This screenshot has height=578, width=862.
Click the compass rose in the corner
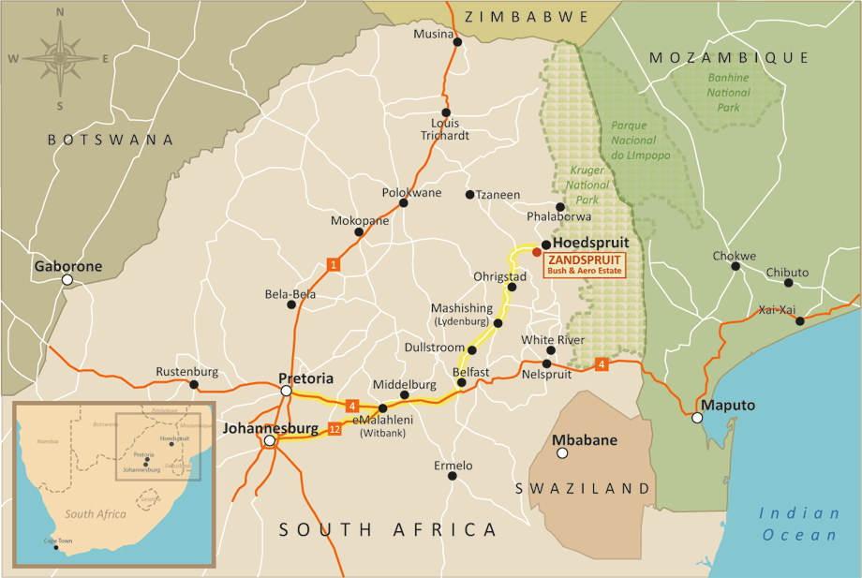coord(61,58)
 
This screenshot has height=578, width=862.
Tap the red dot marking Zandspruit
coord(536,252)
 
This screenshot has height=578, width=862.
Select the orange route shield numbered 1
coord(333,264)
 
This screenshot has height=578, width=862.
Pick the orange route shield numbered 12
coord(335,429)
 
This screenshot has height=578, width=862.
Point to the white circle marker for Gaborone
coord(67,280)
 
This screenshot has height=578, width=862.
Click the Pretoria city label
coord(306,379)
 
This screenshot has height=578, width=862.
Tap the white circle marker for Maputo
coord(697,418)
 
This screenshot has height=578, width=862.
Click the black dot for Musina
coord(457,41)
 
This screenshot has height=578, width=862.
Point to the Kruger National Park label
coord(588,185)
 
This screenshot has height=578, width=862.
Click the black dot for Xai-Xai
coord(799,321)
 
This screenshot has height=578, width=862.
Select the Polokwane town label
coord(411,192)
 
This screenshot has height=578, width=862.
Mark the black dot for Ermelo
coord(452,476)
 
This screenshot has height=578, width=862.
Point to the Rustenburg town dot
coord(194,384)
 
